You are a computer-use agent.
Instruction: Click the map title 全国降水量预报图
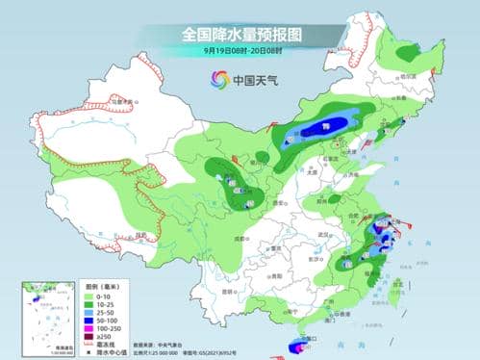coord(240,34)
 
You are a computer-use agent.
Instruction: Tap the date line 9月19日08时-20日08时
coord(240,50)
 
